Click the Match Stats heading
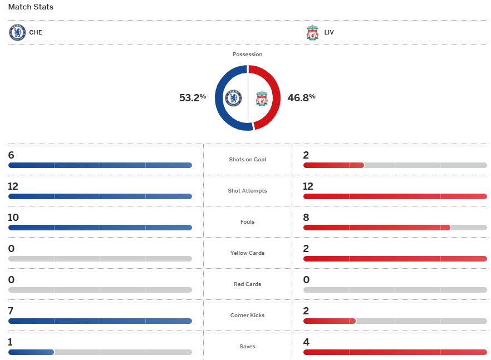(x=31, y=7)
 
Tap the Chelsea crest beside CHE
(x=17, y=32)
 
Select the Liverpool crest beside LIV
(x=312, y=32)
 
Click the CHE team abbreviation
(x=36, y=32)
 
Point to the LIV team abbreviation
(x=329, y=32)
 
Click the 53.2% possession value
(x=193, y=97)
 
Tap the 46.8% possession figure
(x=301, y=97)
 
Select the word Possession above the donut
(x=247, y=55)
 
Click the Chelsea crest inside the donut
(x=233, y=98)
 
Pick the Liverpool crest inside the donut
(x=262, y=98)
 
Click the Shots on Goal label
(x=247, y=160)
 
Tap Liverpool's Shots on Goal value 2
(x=306, y=155)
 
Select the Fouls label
(x=247, y=222)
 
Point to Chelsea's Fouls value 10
(x=13, y=218)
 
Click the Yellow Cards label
(x=247, y=253)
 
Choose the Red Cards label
(x=247, y=284)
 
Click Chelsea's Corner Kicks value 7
(x=11, y=311)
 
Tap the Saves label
(x=247, y=347)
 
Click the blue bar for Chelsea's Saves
(x=31, y=352)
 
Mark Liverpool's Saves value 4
(x=307, y=342)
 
